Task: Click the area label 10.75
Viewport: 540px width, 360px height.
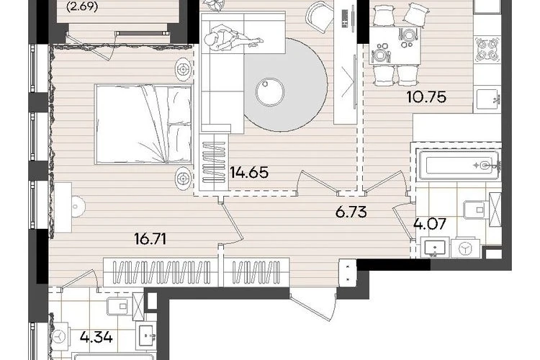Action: (x=426, y=97)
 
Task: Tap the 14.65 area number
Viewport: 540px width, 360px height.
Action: (x=249, y=172)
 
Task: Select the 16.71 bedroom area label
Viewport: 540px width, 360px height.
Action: (x=150, y=238)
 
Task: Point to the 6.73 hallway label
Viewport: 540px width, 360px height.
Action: (x=351, y=212)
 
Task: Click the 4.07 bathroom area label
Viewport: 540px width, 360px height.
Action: (x=430, y=224)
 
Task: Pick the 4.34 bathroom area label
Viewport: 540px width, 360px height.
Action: (x=96, y=336)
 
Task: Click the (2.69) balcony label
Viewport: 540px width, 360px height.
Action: (x=82, y=7)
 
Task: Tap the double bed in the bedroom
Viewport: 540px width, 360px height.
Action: (x=143, y=124)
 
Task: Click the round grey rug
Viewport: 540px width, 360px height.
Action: (x=285, y=85)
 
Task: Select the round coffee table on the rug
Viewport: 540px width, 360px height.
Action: (x=270, y=92)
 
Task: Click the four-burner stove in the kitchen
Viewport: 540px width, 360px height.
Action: (x=487, y=49)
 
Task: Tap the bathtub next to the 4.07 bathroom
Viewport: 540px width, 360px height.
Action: (x=458, y=165)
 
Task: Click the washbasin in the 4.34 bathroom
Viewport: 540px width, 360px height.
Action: (x=147, y=336)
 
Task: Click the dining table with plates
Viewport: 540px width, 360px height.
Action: (x=395, y=46)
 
